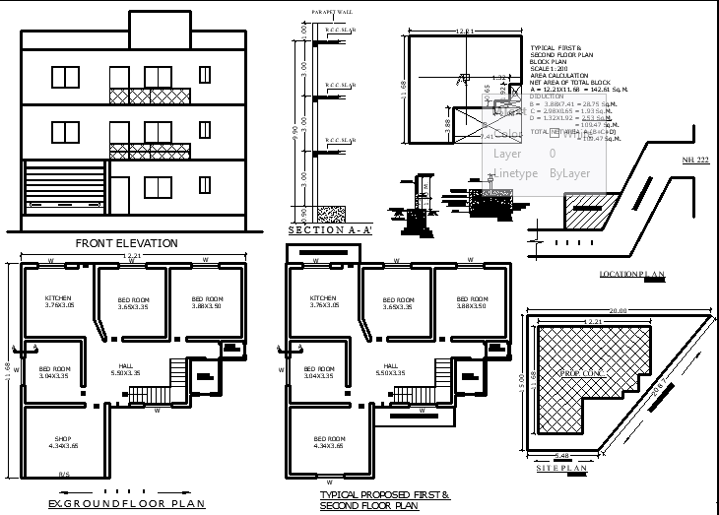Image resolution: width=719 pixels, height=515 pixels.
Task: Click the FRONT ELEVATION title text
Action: (126, 243)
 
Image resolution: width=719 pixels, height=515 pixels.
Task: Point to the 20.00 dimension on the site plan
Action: (618, 310)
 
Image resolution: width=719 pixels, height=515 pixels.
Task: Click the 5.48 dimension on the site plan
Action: (562, 455)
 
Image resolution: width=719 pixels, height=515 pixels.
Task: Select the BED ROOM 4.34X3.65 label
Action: (329, 442)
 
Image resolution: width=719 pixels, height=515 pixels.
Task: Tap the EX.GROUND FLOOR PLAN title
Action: (126, 504)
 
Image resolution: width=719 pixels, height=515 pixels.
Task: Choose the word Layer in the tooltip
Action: (506, 154)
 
